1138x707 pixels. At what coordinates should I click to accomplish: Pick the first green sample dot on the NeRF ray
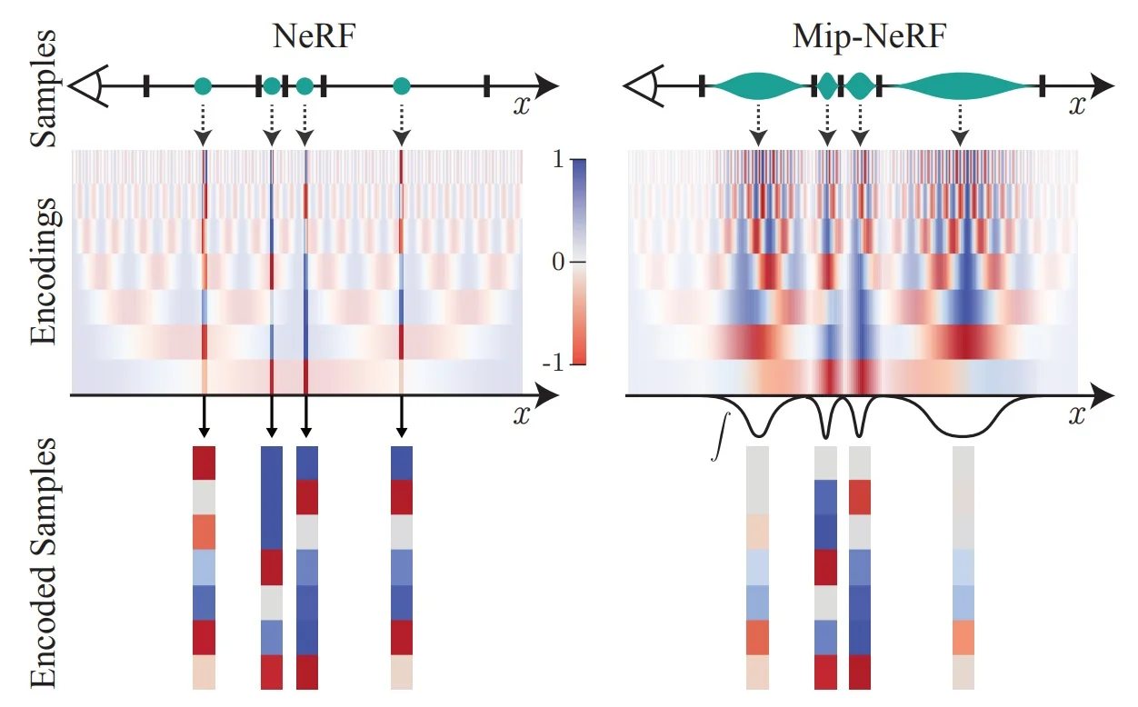[203, 86]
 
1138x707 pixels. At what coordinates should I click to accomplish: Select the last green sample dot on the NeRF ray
[401, 86]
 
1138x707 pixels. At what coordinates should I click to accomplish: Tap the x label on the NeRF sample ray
[521, 105]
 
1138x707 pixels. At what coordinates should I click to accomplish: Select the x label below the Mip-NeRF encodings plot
[1077, 415]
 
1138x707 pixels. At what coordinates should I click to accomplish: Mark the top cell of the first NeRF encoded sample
[204, 462]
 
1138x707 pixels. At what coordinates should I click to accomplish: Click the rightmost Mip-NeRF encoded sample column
[963, 567]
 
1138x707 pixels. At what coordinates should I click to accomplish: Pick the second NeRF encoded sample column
[272, 567]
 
